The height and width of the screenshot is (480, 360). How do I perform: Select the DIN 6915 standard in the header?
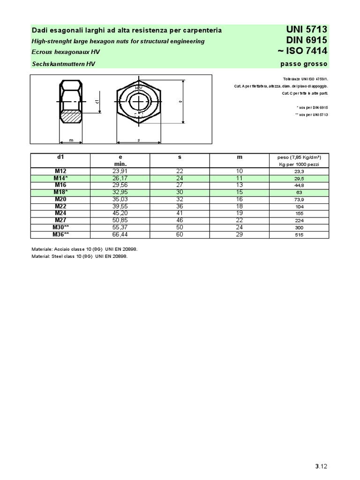[x=306, y=41]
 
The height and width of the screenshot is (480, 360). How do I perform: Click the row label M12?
[x=60, y=172]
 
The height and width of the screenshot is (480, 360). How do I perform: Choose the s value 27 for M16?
[x=180, y=185]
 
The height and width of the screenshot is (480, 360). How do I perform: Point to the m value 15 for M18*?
[x=240, y=192]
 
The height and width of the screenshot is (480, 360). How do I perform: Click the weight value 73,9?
[x=299, y=199]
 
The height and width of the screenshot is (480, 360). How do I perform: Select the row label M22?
[x=60, y=206]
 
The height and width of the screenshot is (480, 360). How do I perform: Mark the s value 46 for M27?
[x=180, y=220]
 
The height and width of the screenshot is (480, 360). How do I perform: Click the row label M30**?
[x=60, y=227]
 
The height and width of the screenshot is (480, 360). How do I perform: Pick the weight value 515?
[x=299, y=234]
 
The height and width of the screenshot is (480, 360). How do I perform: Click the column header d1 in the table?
[x=60, y=157]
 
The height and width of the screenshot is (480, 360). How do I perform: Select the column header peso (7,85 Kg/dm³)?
[x=299, y=157]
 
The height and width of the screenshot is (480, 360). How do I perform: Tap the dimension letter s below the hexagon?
[x=139, y=140]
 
